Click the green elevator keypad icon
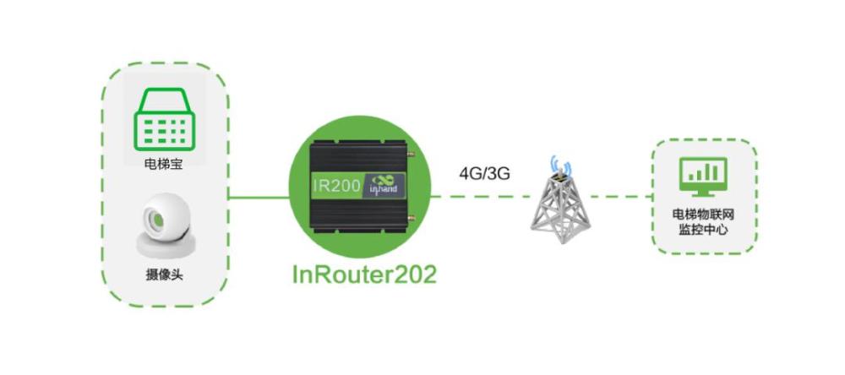point(164,121)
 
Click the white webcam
point(163,224)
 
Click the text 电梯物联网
point(706,214)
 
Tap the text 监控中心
point(706,230)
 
